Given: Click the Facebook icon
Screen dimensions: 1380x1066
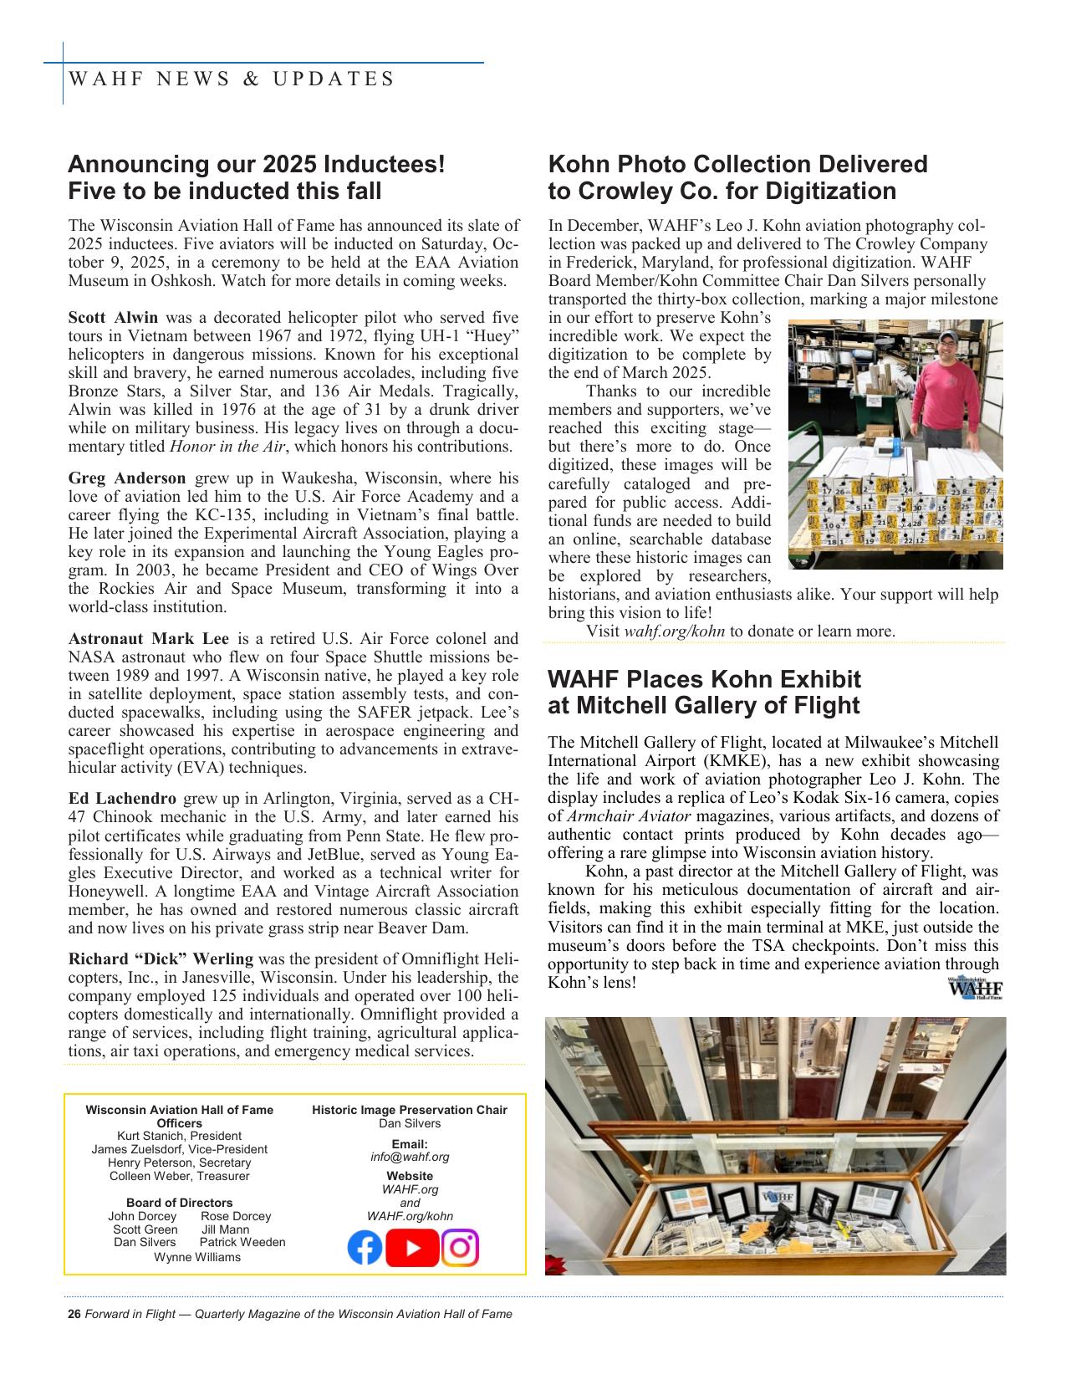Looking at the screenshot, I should pyautogui.click(x=365, y=1248).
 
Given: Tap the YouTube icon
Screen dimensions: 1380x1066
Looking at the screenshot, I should pyautogui.click(x=412, y=1248).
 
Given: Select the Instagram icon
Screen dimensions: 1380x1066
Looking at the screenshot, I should pyautogui.click(x=460, y=1248).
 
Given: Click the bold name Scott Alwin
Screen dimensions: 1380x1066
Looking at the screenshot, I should pyautogui.click(x=113, y=318).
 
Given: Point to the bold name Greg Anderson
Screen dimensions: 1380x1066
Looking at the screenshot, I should pyautogui.click(x=127, y=478).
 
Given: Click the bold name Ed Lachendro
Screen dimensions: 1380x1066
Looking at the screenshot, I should pyautogui.click(x=122, y=798).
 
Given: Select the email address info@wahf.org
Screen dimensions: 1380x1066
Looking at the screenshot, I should pyautogui.click(x=410, y=1157).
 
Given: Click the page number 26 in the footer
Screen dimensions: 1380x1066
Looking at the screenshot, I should pyautogui.click(x=74, y=1314).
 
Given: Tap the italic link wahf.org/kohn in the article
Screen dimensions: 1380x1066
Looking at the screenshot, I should pyautogui.click(x=674, y=631).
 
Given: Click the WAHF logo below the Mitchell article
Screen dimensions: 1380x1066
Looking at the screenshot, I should pyautogui.click(x=975, y=989).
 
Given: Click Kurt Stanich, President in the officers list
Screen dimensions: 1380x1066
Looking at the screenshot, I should pyautogui.click(x=179, y=1136).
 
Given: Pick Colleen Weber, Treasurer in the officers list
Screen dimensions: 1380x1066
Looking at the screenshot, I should pyautogui.click(x=179, y=1176).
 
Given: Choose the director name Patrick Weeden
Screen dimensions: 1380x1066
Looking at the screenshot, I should pyautogui.click(x=242, y=1242).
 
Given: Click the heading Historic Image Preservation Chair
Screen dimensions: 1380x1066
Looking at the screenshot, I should pyautogui.click(x=410, y=1110).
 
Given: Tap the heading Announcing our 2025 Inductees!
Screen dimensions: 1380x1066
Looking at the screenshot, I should pyautogui.click(x=256, y=164).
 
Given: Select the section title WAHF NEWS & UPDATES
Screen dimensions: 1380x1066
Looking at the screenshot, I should pyautogui.click(x=232, y=79).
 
